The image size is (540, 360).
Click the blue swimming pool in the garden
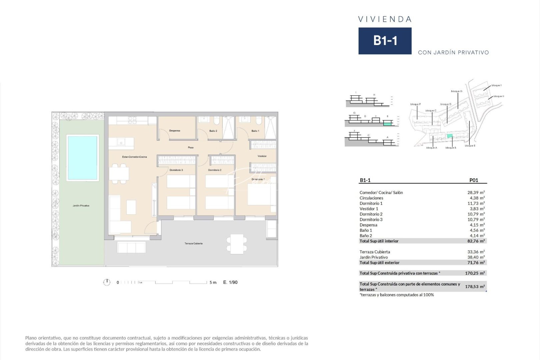point(82,158)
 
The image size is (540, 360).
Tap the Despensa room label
point(174,131)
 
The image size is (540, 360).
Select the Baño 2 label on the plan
point(213,131)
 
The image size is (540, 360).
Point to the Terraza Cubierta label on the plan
point(193,243)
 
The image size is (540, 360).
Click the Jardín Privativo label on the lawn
point(81,206)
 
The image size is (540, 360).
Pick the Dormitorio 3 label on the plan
point(176,170)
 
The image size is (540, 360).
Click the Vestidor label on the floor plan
point(262,156)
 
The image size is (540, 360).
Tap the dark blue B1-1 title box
point(385,41)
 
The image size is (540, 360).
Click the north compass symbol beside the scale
point(107,282)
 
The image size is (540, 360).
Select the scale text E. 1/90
point(230,282)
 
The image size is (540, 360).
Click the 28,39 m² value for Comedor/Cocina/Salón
point(476,192)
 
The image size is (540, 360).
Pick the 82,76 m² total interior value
point(476,241)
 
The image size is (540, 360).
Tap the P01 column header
point(474,180)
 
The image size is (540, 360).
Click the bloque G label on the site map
point(456,91)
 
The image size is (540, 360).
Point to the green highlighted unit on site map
point(450,136)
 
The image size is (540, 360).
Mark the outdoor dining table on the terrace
point(237,244)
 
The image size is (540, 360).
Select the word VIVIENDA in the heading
point(385,19)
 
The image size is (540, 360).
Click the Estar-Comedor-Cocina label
point(134,157)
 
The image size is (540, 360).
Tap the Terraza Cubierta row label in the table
point(375,252)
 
